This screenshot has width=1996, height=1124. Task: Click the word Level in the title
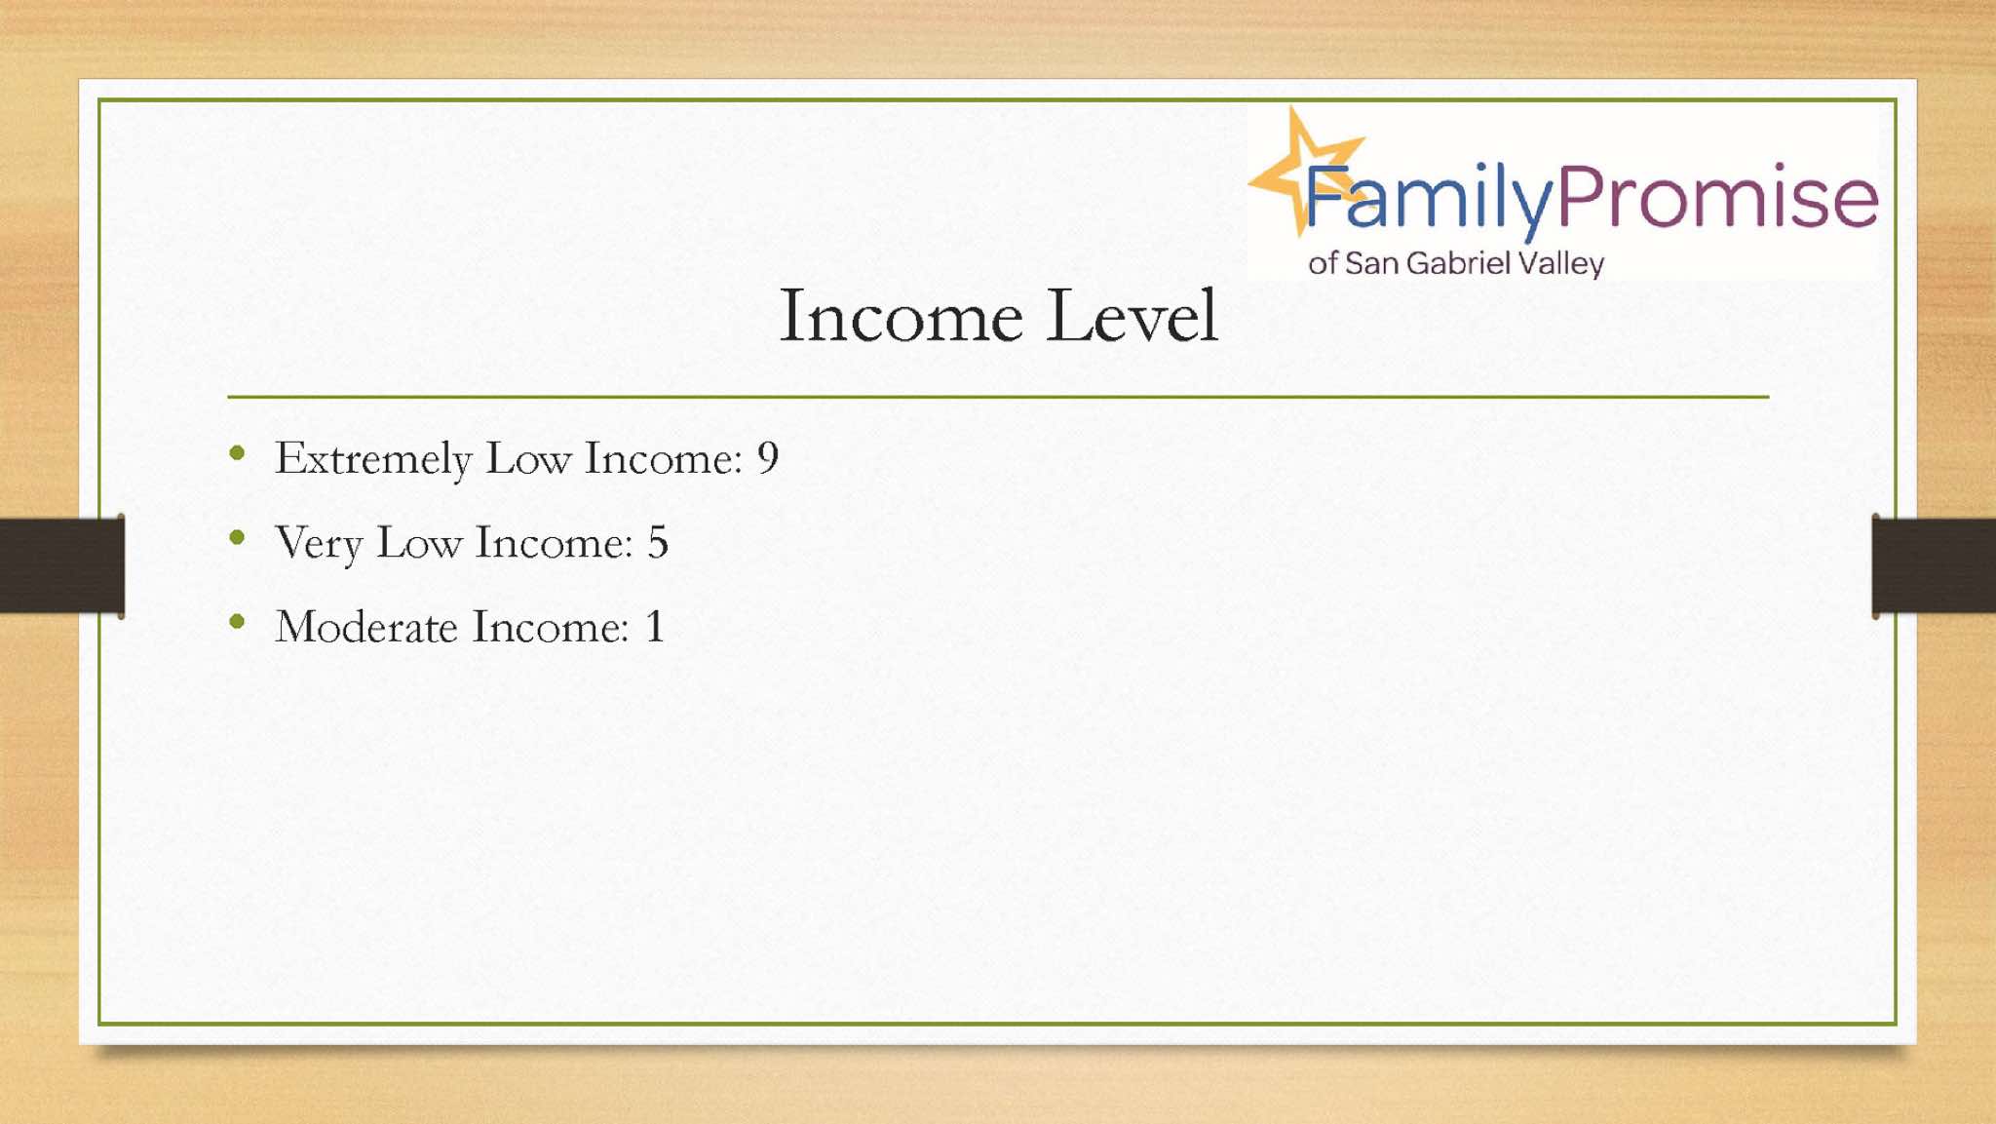[1132, 316]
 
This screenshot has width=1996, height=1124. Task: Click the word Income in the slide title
[902, 316]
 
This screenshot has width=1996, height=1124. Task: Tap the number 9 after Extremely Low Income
[768, 457]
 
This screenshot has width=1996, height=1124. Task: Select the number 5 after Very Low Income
[658, 542]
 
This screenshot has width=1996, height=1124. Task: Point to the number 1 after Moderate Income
[655, 626]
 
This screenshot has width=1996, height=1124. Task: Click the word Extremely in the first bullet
[373, 459]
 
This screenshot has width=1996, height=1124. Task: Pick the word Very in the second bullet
[319, 544]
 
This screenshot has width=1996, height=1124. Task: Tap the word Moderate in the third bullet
[366, 626]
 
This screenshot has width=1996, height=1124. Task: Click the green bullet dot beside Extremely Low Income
[237, 452]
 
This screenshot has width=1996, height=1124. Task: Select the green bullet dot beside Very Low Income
[237, 537]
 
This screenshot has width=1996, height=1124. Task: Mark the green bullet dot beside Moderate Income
[237, 621]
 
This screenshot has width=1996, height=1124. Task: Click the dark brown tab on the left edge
[62, 565]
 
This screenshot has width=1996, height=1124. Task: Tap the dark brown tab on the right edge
[1934, 565]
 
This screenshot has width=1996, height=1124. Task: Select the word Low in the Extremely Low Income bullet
[528, 458]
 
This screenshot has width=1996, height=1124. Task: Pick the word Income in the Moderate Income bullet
[551, 626]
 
